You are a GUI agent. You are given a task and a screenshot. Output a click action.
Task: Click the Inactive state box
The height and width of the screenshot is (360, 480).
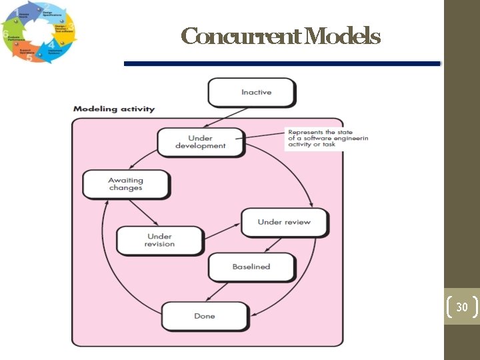251,92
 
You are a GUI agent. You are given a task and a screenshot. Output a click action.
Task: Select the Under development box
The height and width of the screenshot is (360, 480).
201,142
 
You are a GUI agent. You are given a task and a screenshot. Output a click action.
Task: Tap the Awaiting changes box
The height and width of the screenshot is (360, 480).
125,184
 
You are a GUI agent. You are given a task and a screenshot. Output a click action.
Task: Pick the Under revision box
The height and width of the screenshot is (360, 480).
159,240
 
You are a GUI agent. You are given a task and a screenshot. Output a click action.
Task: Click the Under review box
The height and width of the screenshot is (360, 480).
284,222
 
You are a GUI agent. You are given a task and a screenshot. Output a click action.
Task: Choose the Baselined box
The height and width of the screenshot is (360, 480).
251,267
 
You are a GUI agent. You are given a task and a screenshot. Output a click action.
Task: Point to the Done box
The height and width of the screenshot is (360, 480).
205,316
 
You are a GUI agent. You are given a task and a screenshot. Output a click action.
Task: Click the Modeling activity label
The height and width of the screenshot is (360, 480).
113,109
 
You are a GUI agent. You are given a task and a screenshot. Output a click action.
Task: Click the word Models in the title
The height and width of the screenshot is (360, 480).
346,36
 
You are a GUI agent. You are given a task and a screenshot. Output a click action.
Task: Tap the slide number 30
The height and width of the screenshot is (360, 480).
461,307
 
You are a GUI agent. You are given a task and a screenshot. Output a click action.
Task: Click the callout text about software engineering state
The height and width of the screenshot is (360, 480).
326,138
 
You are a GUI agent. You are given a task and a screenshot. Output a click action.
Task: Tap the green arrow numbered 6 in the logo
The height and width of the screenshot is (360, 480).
11,37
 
